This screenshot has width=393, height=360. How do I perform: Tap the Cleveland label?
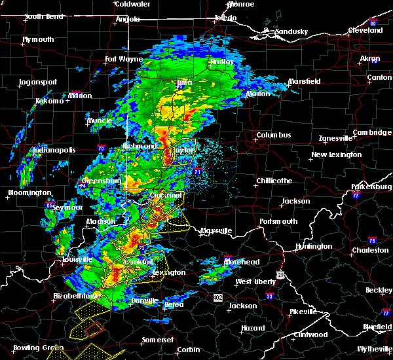[x=365, y=31]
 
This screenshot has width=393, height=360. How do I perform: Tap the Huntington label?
[x=314, y=246]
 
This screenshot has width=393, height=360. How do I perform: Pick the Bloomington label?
[x=29, y=192]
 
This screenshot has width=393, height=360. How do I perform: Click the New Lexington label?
[x=337, y=155]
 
